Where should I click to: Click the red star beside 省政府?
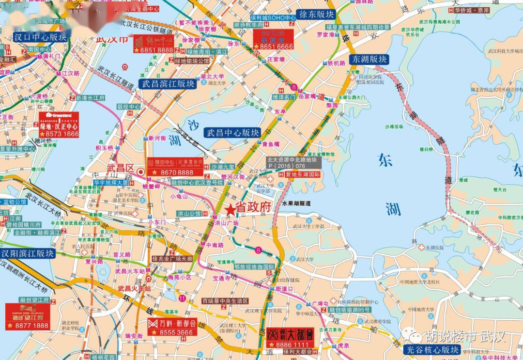[231, 209]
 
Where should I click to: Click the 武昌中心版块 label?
[233, 132]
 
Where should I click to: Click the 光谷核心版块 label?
[432, 349]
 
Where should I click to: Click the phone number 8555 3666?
[176, 332]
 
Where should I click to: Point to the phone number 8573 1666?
[61, 133]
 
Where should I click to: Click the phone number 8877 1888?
[30, 326]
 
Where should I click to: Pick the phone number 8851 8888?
[156, 50]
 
